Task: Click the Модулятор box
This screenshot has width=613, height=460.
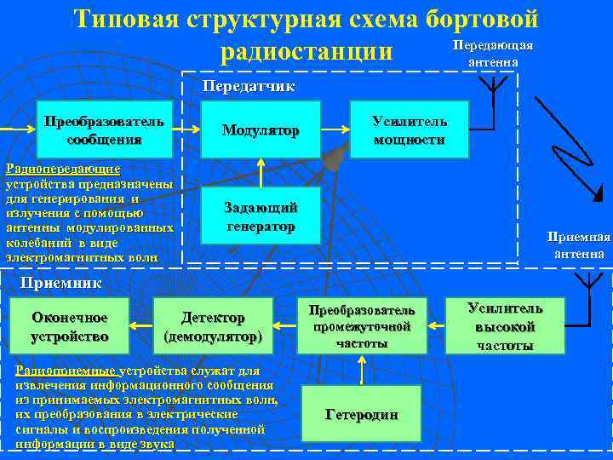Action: click(x=261, y=130)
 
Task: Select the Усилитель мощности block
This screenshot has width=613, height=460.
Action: click(x=410, y=129)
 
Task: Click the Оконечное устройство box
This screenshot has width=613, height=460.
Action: click(x=69, y=325)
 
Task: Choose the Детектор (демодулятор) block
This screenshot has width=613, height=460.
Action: click(x=213, y=325)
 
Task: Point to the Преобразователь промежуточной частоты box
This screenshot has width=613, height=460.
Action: click(x=362, y=325)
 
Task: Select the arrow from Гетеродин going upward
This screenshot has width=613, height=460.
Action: click(x=362, y=369)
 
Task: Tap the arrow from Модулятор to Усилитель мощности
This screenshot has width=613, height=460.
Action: click(x=335, y=130)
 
